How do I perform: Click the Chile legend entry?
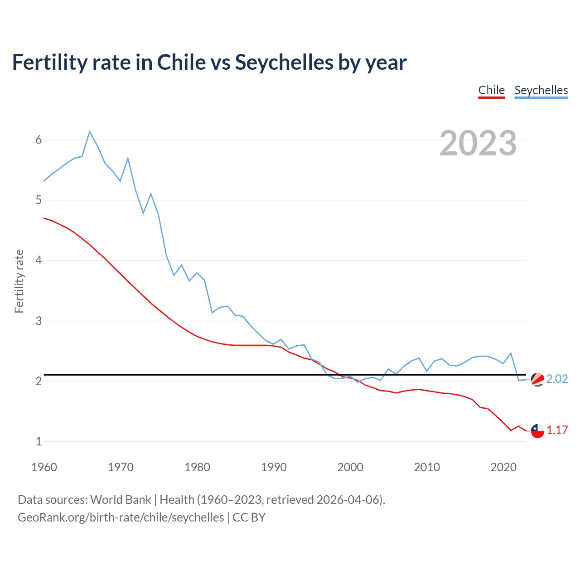[x=491, y=90]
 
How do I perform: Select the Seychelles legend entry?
[x=541, y=90]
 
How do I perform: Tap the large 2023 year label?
[x=478, y=143]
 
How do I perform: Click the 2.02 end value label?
[x=557, y=379]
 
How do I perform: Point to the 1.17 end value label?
[x=557, y=430]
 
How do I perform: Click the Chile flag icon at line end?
[x=537, y=431]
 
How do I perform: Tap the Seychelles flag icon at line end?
[x=537, y=379]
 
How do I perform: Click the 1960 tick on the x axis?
[x=44, y=467]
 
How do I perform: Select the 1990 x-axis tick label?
[x=274, y=467]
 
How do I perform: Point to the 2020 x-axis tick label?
[x=503, y=467]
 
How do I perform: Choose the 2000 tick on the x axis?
[x=350, y=467]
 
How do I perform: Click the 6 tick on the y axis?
[x=39, y=140]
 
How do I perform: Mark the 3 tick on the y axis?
[x=39, y=321]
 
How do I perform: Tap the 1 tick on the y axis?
[x=39, y=441]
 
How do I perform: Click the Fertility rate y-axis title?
[x=19, y=281]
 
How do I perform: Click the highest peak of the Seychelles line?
[x=90, y=131]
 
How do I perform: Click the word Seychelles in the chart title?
[x=284, y=62]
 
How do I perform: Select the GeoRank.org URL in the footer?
[x=121, y=517]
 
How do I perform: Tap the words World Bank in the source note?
[x=121, y=499]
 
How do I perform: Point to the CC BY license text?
[x=249, y=517]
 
